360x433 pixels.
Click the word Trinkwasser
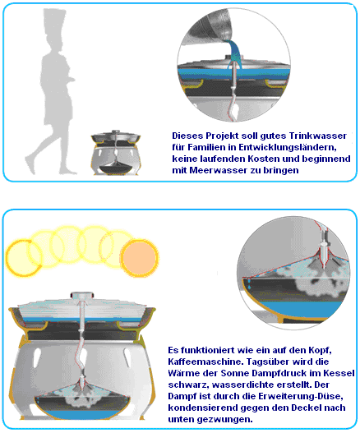(x=318, y=136)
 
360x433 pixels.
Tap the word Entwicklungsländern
(x=288, y=147)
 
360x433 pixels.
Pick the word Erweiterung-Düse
(x=301, y=396)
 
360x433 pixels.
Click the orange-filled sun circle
(x=140, y=259)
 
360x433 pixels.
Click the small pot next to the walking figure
(x=116, y=153)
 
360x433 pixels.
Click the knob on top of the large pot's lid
(x=81, y=295)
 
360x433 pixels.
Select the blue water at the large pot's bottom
(x=81, y=414)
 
